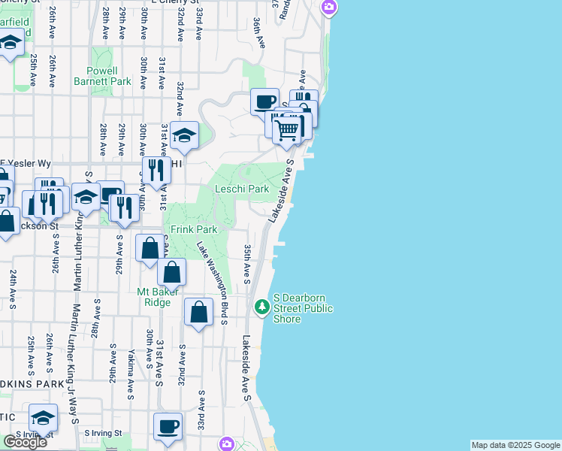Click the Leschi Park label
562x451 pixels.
pos(241,189)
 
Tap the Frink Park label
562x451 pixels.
pos(193,229)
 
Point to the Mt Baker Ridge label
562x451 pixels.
pos(153,297)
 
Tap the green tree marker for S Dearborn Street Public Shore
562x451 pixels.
pos(261,306)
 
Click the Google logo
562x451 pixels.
pos(25,442)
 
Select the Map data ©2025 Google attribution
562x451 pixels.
pos(515,445)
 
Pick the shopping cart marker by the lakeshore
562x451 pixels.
pos(287,130)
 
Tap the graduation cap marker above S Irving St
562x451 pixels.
pos(43,417)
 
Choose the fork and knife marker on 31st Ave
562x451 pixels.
pos(156,170)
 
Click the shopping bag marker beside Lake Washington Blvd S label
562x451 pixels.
pos(198,311)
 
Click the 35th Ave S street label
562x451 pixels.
pos(246,264)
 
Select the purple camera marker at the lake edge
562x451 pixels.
pos(328,8)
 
